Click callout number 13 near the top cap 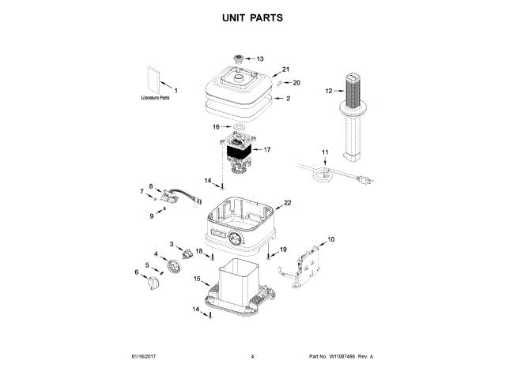click(x=260, y=58)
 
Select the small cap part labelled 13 click(x=237, y=59)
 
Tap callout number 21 click(x=287, y=69)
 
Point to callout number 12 click(x=330, y=91)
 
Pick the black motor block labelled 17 click(x=238, y=149)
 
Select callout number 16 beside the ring click(x=216, y=126)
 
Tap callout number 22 click(x=287, y=203)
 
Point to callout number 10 click(x=330, y=238)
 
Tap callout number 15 click(x=198, y=279)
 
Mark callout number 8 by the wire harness click(x=150, y=186)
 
